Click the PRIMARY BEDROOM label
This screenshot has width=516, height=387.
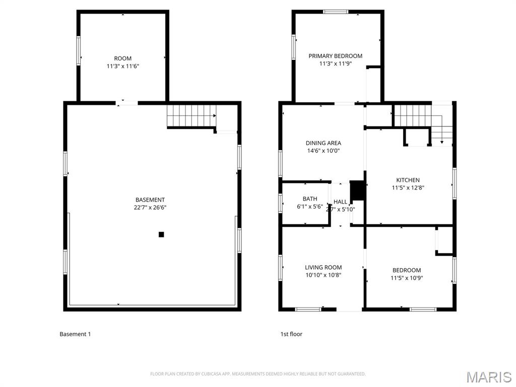point(335,56)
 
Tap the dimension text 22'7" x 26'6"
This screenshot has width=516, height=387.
point(150,207)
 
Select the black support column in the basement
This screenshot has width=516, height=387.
point(161,234)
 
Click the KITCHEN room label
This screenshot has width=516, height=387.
point(408,180)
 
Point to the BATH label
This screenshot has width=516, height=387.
point(310,199)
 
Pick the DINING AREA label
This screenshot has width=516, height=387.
point(323,143)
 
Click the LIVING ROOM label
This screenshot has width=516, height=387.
point(323,268)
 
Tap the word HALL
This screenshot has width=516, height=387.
point(340,202)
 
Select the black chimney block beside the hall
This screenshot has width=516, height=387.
point(357,190)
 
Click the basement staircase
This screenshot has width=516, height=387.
point(191,115)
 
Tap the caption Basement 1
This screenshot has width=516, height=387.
point(75,334)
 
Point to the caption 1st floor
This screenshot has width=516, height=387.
point(291,334)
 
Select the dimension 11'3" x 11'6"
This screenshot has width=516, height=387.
point(122,66)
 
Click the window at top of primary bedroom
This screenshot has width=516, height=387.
point(336,12)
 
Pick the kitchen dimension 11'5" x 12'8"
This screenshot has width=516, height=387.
point(408,188)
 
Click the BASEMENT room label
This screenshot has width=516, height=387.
point(150,200)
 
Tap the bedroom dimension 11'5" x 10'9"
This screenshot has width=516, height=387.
point(406,278)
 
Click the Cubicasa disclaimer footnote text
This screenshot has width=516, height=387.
point(257,374)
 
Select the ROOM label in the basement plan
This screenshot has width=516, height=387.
point(122,58)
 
